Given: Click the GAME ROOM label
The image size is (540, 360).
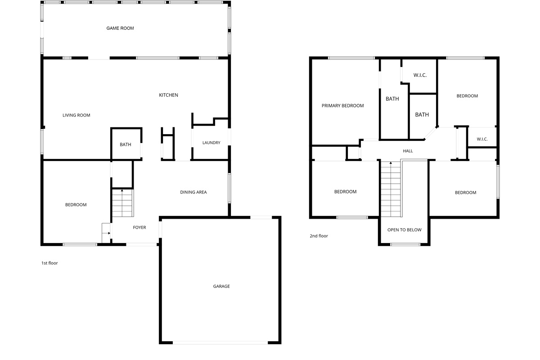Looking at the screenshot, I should [120, 28].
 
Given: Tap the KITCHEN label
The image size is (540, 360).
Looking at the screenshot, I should [169, 95].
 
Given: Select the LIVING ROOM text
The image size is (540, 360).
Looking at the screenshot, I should [76, 115].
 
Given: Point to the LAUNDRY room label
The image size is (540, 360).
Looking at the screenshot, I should [211, 143].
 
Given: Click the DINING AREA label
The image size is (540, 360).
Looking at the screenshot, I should [193, 192].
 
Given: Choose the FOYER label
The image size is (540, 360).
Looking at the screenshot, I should [139, 228].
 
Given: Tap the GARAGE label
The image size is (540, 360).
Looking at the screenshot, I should [221, 286].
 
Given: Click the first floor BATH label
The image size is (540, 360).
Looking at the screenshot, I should [126, 144].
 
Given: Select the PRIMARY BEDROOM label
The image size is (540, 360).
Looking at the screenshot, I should [343, 106].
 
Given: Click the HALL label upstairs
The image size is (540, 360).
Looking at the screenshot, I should [408, 151].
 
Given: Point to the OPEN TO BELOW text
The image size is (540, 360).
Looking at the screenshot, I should [405, 230].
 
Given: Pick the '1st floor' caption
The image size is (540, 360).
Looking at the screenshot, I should [49, 263].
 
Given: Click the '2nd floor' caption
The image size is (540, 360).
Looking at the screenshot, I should [319, 236].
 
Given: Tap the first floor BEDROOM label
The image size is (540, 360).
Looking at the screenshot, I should [76, 205].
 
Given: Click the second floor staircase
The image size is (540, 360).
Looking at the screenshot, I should [391, 189].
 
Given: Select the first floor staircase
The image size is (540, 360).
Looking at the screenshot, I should [122, 203].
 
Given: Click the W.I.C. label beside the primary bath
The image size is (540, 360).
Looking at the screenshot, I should [420, 75].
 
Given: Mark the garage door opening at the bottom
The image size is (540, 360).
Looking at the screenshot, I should [220, 343].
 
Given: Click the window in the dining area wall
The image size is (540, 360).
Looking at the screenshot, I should [229, 188].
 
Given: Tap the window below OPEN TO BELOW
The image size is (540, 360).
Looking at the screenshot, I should [405, 244].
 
